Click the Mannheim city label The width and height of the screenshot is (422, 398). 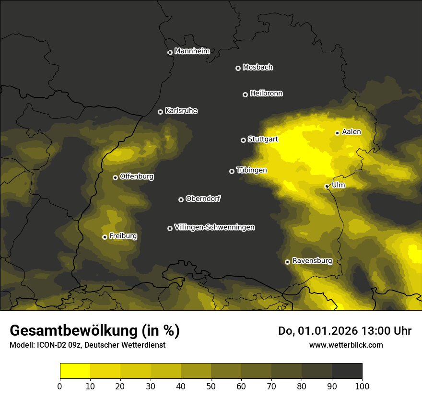(192, 51)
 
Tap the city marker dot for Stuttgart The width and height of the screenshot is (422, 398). (243, 140)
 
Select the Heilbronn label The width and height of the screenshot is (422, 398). (266, 94)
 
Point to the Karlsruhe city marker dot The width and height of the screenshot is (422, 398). (160, 112)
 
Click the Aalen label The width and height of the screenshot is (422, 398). (352, 132)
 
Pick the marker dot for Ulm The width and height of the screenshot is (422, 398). (327, 186)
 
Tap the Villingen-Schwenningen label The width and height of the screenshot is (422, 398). (214, 227)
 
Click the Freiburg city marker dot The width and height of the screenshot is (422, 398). (105, 237)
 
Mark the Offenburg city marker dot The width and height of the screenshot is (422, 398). (115, 177)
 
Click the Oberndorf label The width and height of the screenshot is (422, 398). (203, 199)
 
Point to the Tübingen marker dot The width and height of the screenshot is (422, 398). (232, 171)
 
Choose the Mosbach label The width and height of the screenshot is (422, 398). (258, 68)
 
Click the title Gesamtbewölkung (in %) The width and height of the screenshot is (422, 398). (94, 331)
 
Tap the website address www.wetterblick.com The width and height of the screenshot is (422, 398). (346, 345)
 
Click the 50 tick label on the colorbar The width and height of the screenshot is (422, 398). (211, 386)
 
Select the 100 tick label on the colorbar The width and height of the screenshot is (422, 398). (362, 386)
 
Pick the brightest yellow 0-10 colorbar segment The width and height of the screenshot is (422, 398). (75, 371)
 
